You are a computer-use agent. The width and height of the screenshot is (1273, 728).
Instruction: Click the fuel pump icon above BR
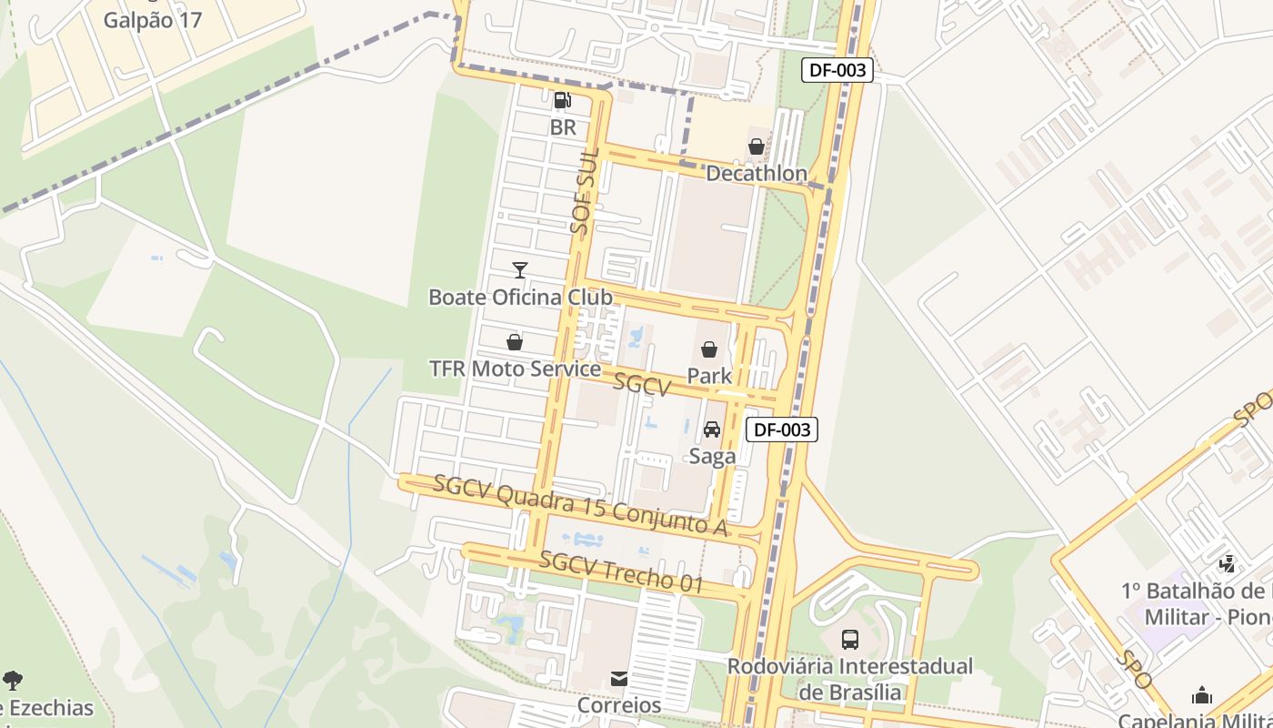click(563, 100)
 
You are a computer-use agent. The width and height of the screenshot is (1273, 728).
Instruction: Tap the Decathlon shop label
click(756, 173)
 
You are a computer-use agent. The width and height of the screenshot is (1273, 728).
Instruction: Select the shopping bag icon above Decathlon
click(756, 147)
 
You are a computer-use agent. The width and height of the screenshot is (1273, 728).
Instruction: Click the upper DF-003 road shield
click(837, 70)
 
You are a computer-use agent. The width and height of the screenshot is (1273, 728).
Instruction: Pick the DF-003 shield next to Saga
click(781, 430)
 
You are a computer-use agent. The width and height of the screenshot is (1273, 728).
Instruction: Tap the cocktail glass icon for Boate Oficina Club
click(519, 269)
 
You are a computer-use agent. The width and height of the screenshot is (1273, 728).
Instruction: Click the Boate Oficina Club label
click(520, 297)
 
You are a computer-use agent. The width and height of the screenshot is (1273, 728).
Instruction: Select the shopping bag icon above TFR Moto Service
click(515, 342)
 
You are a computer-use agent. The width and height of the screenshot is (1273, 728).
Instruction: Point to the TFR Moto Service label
click(515, 369)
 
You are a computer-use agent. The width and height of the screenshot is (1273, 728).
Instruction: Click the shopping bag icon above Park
click(709, 349)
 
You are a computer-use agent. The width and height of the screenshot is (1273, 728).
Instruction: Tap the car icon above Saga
click(712, 430)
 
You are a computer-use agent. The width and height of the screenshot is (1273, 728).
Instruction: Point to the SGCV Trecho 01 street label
click(621, 572)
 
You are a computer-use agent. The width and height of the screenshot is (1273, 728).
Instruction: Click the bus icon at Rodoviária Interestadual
click(850, 640)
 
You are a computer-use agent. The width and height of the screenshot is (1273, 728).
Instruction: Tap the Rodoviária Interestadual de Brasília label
click(849, 679)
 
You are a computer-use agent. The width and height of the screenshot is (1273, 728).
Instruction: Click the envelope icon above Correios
click(619, 679)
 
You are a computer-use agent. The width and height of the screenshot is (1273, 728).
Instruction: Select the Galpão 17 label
click(152, 20)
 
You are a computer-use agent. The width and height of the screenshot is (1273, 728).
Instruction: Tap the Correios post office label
click(619, 705)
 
